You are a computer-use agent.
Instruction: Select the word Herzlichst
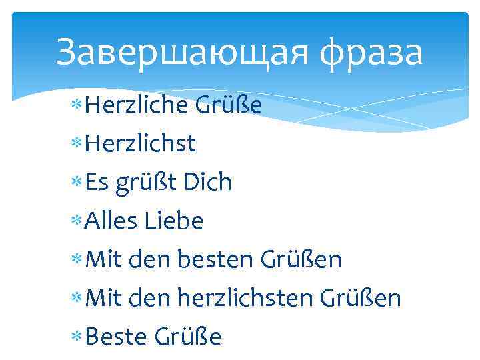coord(141,143)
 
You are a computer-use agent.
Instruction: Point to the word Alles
coord(111,220)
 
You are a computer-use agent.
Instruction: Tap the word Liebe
coord(173,220)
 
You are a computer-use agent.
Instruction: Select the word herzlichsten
coord(249,297)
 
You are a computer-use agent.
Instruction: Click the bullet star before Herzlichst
coord(79,144)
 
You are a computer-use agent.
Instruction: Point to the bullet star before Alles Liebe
coord(79,221)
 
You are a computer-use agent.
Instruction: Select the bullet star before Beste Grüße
coord(79,337)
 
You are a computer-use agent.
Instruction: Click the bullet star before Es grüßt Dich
coord(79,183)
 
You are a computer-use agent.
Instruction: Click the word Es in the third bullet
coord(97,181)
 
